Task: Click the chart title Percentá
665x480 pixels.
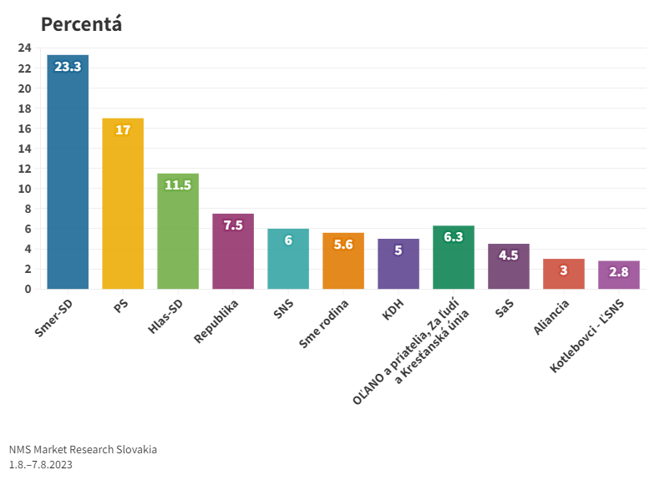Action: coord(81,24)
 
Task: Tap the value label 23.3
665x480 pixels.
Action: coord(68,67)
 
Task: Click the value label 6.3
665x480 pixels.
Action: coord(454,237)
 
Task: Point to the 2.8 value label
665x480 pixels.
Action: coord(619,272)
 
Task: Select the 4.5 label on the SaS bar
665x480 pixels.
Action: coord(509,255)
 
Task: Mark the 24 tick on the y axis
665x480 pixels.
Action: coord(24,48)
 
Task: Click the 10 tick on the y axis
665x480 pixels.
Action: coord(24,189)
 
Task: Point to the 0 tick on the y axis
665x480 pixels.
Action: coord(28,289)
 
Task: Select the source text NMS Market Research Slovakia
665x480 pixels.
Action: coord(83,449)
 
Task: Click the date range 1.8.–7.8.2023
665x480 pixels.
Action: coord(41,464)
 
